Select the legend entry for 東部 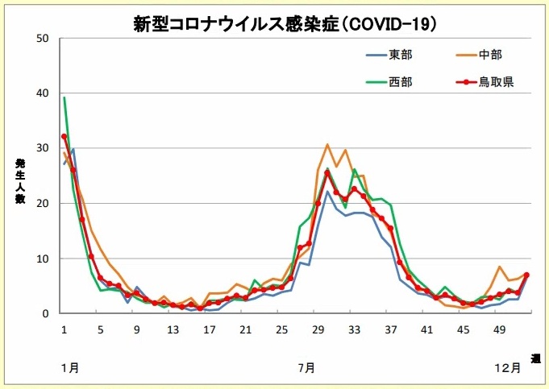(400, 55)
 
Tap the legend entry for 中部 (490, 55)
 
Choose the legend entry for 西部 (400, 81)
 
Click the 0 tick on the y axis (46, 313)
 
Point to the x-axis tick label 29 (318, 329)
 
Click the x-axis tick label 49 (500, 329)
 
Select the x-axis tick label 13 (173, 329)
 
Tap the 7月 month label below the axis (306, 368)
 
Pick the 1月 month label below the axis (69, 368)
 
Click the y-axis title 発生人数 (20, 181)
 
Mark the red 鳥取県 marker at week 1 (64, 137)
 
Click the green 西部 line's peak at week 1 (64, 98)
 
